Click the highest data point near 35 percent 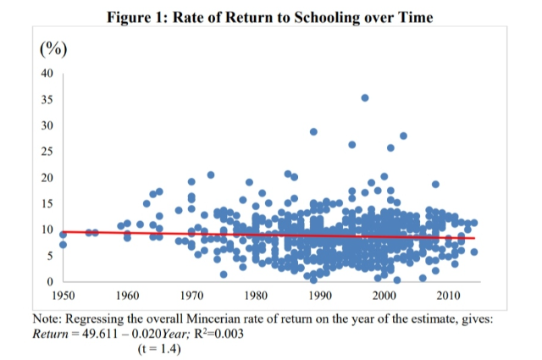pyautogui.click(x=365, y=98)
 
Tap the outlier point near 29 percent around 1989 pyautogui.click(x=313, y=132)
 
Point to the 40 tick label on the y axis pyautogui.click(x=47, y=74)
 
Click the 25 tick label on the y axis pyautogui.click(x=47, y=152)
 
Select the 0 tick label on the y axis pyautogui.click(x=50, y=282)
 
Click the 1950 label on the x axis pyautogui.click(x=64, y=296)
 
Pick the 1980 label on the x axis pyautogui.click(x=256, y=296)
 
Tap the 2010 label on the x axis pyautogui.click(x=448, y=296)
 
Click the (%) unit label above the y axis pyautogui.click(x=53, y=49)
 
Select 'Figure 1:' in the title pyautogui.click(x=137, y=17)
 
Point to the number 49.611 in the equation pyautogui.click(x=100, y=334)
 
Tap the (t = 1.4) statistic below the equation pyautogui.click(x=159, y=349)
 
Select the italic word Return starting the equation pyautogui.click(x=51, y=334)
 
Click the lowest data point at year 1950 pyautogui.click(x=63, y=245)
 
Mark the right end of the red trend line pyautogui.click(x=474, y=238)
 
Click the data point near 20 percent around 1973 pyautogui.click(x=211, y=175)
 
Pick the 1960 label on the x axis pyautogui.click(x=128, y=296)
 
